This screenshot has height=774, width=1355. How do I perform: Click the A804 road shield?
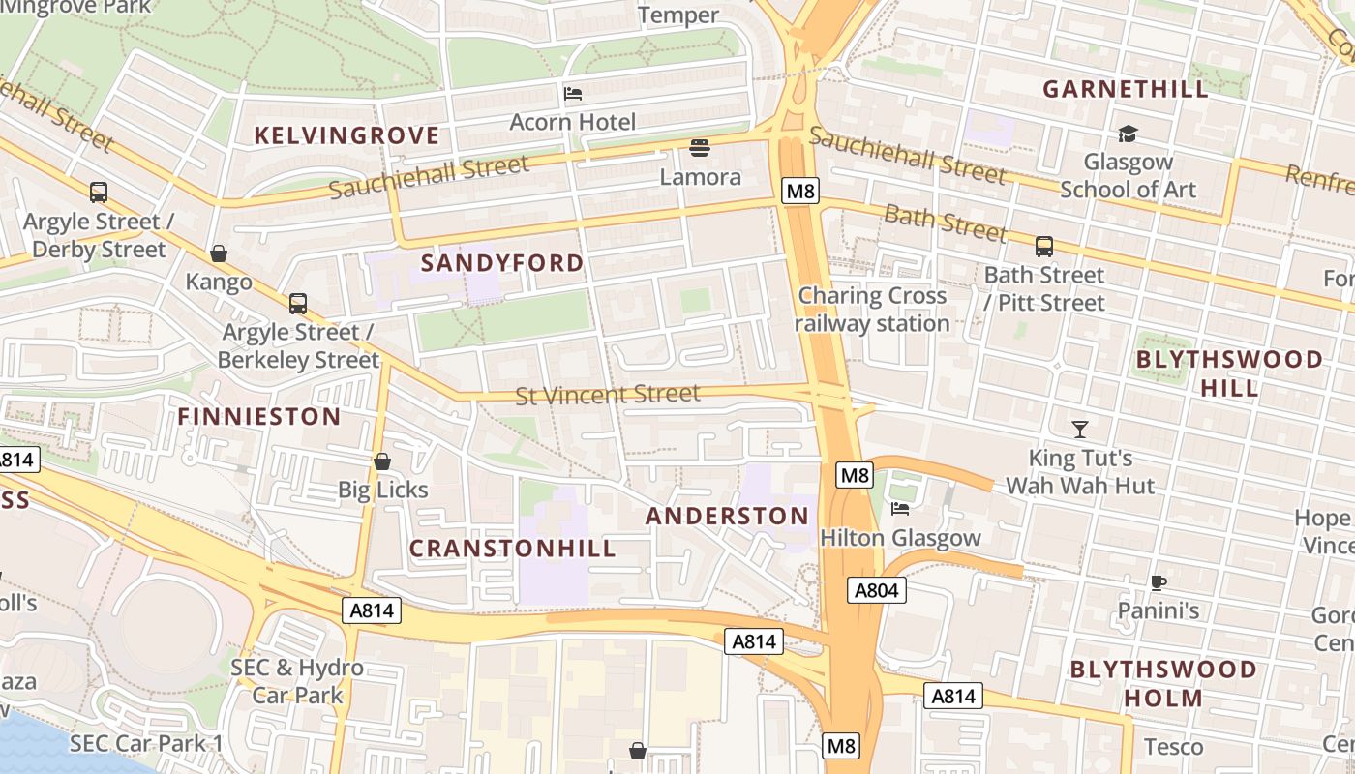[x=877, y=590]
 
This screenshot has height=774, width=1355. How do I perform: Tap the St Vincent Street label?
[x=607, y=395]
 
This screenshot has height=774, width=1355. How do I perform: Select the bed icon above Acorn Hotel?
[x=573, y=94]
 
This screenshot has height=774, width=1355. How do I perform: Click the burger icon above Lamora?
[x=700, y=148]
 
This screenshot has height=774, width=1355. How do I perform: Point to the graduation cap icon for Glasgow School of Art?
[x=1128, y=134]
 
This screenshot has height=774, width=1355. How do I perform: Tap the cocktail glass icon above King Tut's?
[x=1080, y=429]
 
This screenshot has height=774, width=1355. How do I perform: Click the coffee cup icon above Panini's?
[x=1158, y=582]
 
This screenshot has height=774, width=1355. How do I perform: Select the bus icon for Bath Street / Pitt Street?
[x=1043, y=247]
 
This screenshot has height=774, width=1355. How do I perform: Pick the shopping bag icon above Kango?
[x=219, y=253]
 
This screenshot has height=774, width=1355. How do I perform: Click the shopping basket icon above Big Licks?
[x=382, y=461]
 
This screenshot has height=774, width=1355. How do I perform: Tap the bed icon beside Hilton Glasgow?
[x=900, y=509]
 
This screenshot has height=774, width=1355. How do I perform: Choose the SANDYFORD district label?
[x=502, y=263]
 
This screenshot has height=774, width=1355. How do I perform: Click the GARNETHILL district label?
[x=1126, y=90]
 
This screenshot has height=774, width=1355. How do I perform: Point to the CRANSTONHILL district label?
[x=512, y=549]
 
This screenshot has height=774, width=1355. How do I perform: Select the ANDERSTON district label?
[x=727, y=517]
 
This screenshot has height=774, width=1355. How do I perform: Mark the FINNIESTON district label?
[x=258, y=417]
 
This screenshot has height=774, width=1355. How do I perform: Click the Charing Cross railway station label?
[x=872, y=310]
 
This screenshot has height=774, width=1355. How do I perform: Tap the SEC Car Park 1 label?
[x=146, y=743]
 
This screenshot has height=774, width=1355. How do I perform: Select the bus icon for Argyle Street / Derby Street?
[x=98, y=193]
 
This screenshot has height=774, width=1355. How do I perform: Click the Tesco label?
[x=1173, y=747]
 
